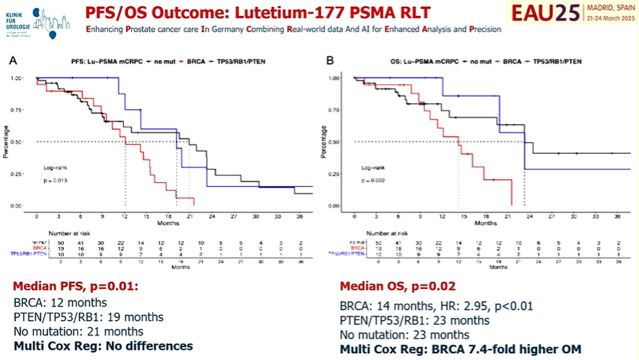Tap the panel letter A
tap(14, 60)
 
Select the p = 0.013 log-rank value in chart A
tap(55, 180)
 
